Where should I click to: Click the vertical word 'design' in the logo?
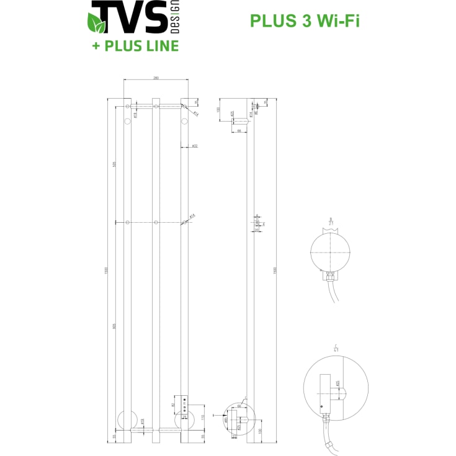pyautogui.click(x=174, y=17)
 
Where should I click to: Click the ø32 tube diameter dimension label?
pyautogui.click(x=194, y=146)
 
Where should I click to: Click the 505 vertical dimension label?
pyautogui.click(x=115, y=164)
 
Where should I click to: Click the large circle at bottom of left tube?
pyautogui.click(x=127, y=421)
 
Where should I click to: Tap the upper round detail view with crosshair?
pyautogui.click(x=330, y=251)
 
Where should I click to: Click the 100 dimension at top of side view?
pyautogui.click(x=218, y=110)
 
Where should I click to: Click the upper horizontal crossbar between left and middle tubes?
pyautogui.click(x=141, y=107)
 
